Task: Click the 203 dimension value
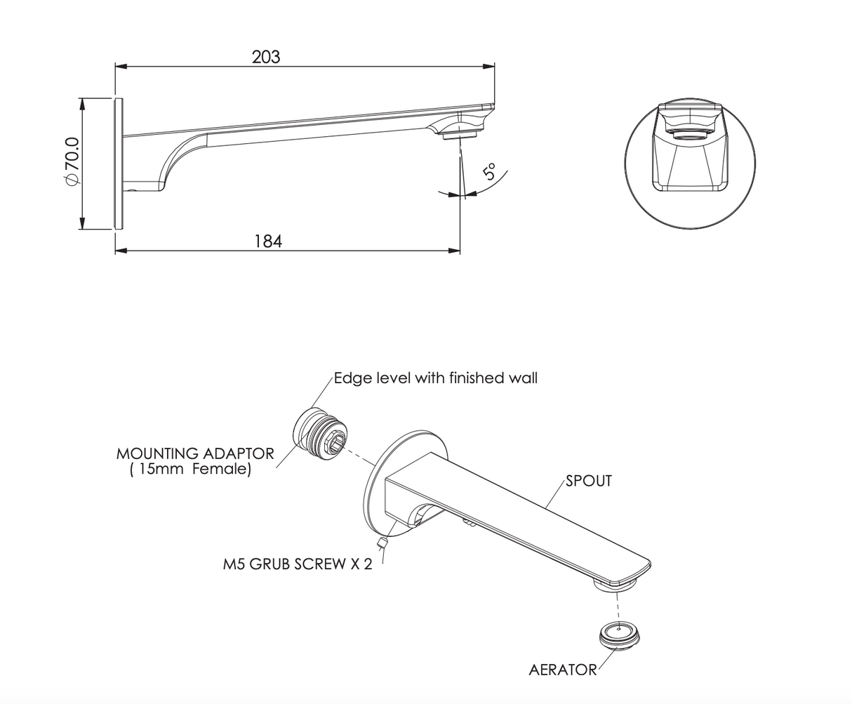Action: [266, 57]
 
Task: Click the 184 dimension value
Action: [267, 241]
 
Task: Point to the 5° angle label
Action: [489, 171]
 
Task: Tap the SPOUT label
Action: [589, 481]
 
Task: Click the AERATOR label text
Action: [562, 670]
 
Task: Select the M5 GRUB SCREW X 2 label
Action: [298, 564]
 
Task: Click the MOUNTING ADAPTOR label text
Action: [195, 453]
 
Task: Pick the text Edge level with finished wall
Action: [435, 378]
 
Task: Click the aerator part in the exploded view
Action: [619, 635]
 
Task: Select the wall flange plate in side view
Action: [119, 163]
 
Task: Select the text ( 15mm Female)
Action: [190, 470]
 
